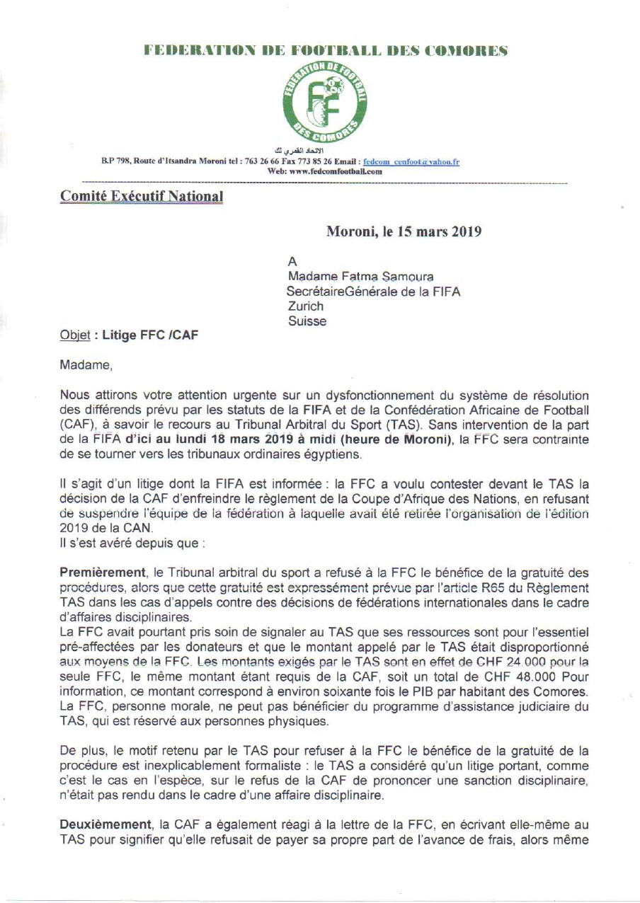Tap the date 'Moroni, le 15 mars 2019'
click(x=404, y=231)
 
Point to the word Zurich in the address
click(x=306, y=306)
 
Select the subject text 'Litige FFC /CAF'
click(x=151, y=335)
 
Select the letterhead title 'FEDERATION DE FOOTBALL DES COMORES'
click(x=326, y=51)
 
